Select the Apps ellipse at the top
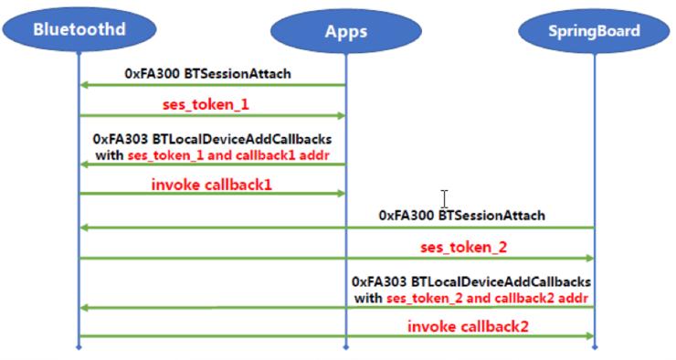coord(345,31)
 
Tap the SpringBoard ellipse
coord(594,31)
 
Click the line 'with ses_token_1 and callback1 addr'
coord(213,154)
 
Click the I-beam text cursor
coord(444,199)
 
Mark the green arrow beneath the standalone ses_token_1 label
coord(212,115)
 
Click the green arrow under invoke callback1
coord(212,193)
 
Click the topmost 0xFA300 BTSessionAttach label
coord(212,71)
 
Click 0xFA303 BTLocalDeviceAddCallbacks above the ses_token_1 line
coord(213,140)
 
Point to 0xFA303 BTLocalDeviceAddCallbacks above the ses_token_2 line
coord(471,282)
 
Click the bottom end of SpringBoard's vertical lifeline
coord(594,347)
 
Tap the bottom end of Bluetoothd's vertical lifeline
coord(79,347)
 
